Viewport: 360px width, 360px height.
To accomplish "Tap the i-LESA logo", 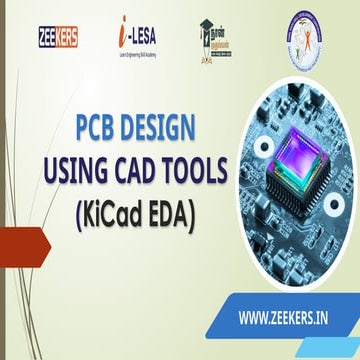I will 134,37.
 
